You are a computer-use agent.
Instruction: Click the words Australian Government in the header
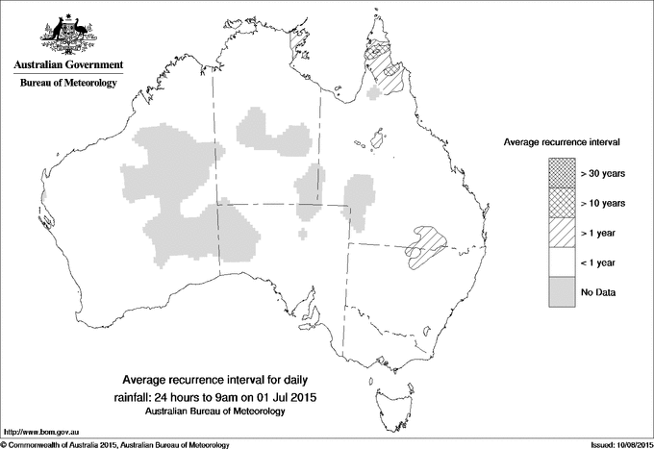(x=67, y=65)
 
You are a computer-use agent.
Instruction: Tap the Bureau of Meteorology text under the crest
(x=67, y=84)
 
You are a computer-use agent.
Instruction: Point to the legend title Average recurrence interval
(x=562, y=141)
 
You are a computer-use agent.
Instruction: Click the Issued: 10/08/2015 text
(x=615, y=444)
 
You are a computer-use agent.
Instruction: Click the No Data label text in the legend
(x=597, y=291)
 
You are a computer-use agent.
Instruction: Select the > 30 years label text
(x=602, y=174)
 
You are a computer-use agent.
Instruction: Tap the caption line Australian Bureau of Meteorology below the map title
(x=216, y=412)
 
